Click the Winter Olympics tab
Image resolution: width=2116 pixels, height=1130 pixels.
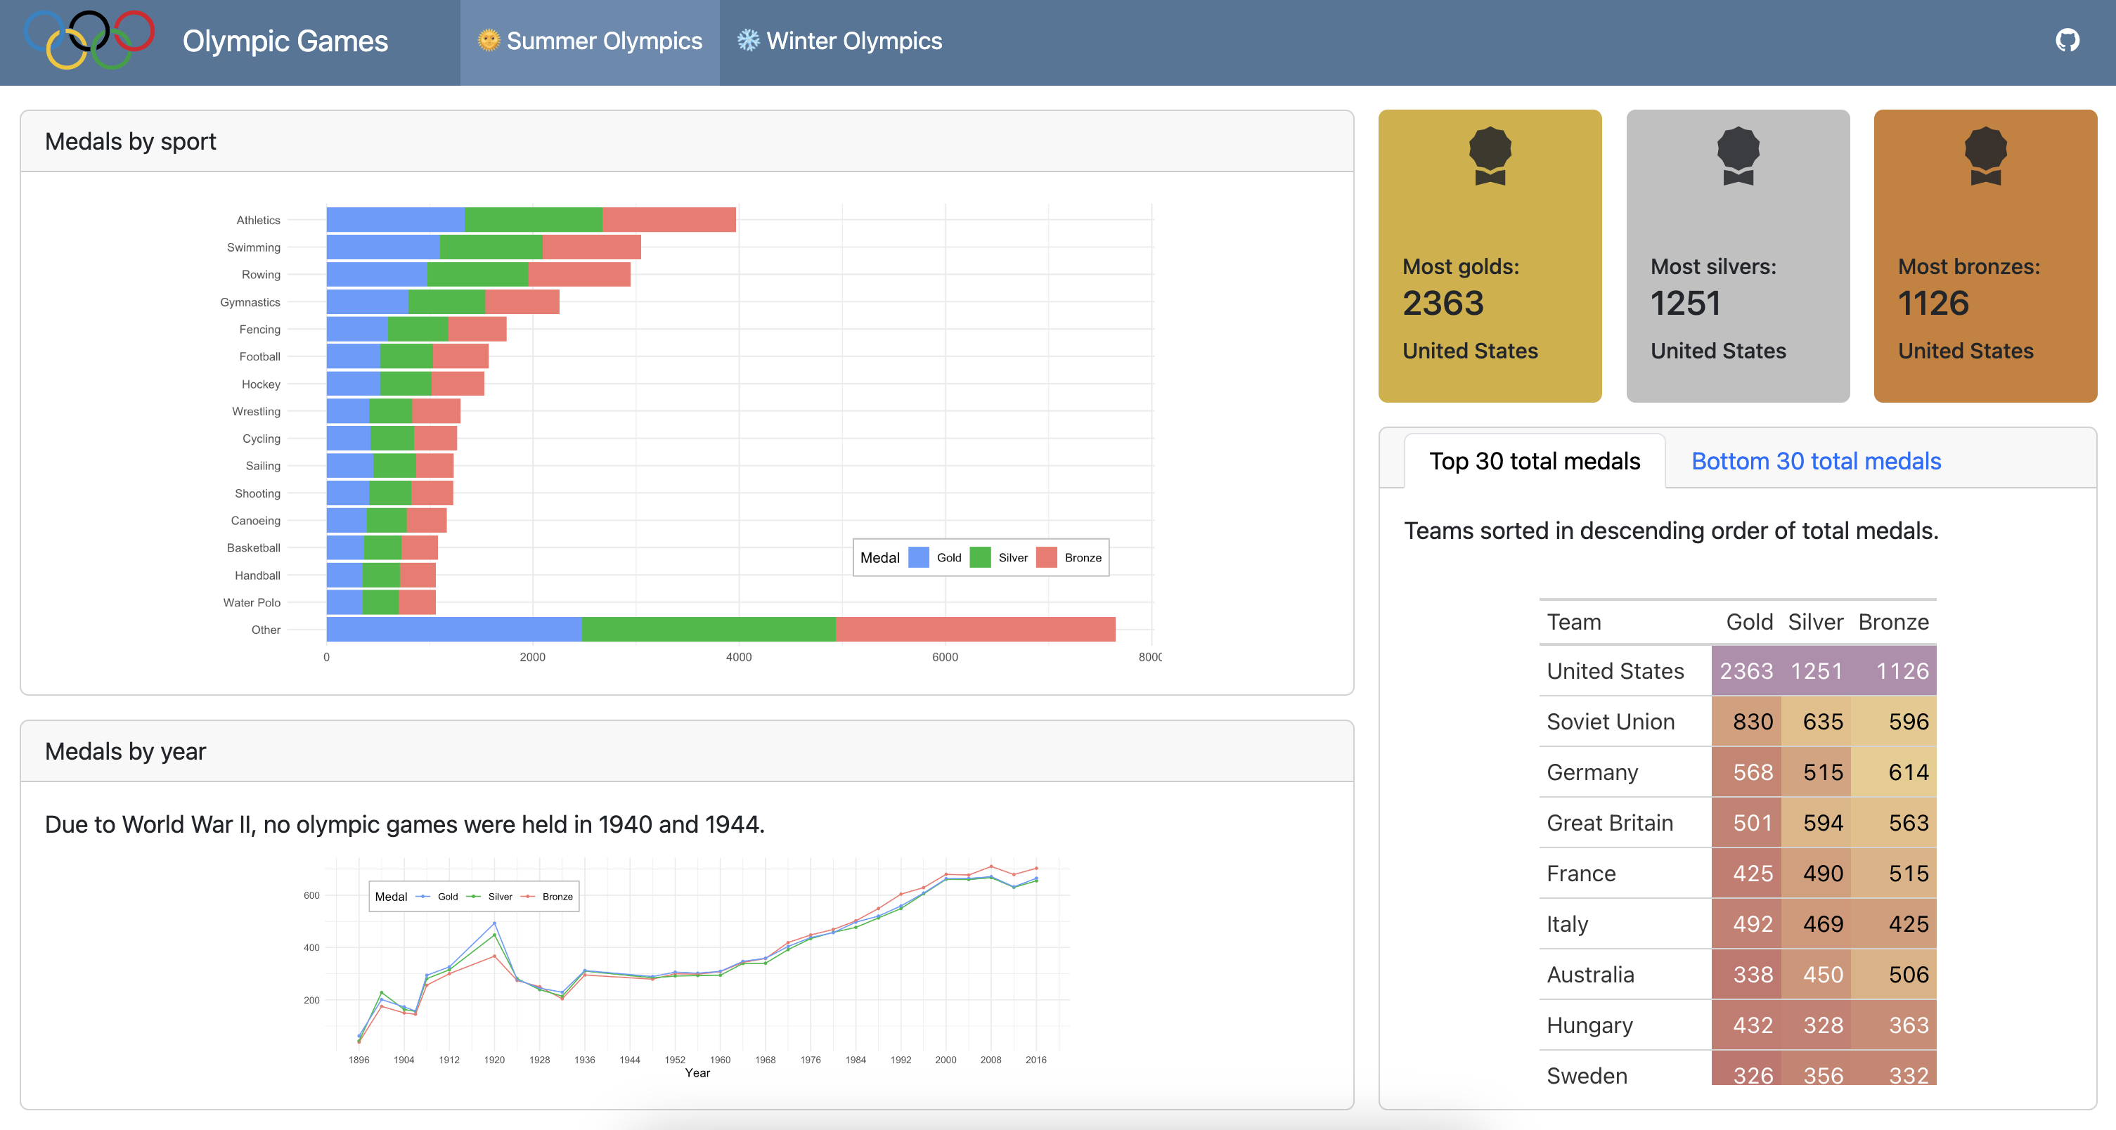pos(839,41)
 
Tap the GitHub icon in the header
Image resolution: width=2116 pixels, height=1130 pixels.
pos(2067,40)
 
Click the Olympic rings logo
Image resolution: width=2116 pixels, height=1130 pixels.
pos(89,39)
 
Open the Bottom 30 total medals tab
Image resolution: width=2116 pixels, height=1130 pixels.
pos(1815,462)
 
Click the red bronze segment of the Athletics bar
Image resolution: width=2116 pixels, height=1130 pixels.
pos(669,220)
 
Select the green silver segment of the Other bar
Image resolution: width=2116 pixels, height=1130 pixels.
pos(708,630)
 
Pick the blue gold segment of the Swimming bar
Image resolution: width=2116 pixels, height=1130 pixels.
pos(383,247)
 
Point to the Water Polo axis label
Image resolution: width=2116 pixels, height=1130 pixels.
pos(252,603)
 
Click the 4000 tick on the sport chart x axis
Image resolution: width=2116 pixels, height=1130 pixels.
pos(738,657)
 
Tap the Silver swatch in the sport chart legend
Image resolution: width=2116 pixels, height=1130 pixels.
pos(980,557)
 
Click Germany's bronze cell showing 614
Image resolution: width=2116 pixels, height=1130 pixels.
pos(1893,773)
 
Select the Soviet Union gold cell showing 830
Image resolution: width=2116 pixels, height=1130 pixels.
pos(1746,722)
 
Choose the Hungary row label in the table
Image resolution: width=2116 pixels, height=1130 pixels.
pos(1589,1026)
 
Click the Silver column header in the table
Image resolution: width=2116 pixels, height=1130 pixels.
pos(1815,623)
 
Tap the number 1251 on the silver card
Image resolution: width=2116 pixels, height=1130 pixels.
pos(1686,304)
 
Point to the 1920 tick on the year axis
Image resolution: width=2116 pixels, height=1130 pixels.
pos(494,1060)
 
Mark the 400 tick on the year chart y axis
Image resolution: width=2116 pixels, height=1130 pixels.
pos(311,948)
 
